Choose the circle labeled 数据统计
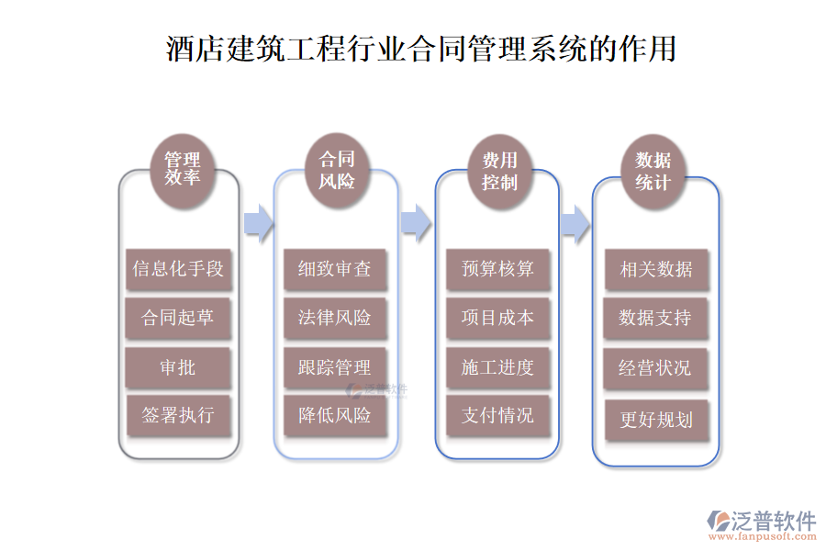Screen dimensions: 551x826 tap(653, 171)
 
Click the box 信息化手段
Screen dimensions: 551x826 tap(178, 269)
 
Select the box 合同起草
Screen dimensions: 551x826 tap(178, 318)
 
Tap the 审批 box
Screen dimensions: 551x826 tap(178, 367)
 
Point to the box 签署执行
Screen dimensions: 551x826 tap(178, 415)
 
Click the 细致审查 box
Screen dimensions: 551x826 tap(335, 269)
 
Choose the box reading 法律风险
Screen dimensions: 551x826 tap(335, 318)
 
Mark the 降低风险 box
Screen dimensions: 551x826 tap(335, 415)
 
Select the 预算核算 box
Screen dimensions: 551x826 tap(497, 269)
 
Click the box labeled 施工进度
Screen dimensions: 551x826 tap(497, 367)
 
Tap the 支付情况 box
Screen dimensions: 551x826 tap(497, 415)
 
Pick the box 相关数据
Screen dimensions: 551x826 tap(656, 269)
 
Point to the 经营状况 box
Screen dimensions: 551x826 tap(656, 367)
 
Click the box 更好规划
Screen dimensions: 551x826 tap(656, 420)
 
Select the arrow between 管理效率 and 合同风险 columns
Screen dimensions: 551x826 tap(259, 221)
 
